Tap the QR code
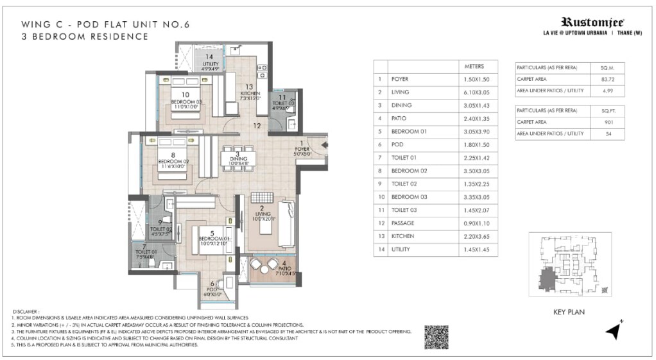pyautogui.click(x=436, y=337)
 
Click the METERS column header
pyautogui.click(x=474, y=66)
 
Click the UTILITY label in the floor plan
pyautogui.click(x=211, y=64)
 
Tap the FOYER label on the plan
pyautogui.click(x=302, y=150)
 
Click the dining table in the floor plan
pyautogui.click(x=239, y=158)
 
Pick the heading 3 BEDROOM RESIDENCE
pyautogui.click(x=85, y=37)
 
